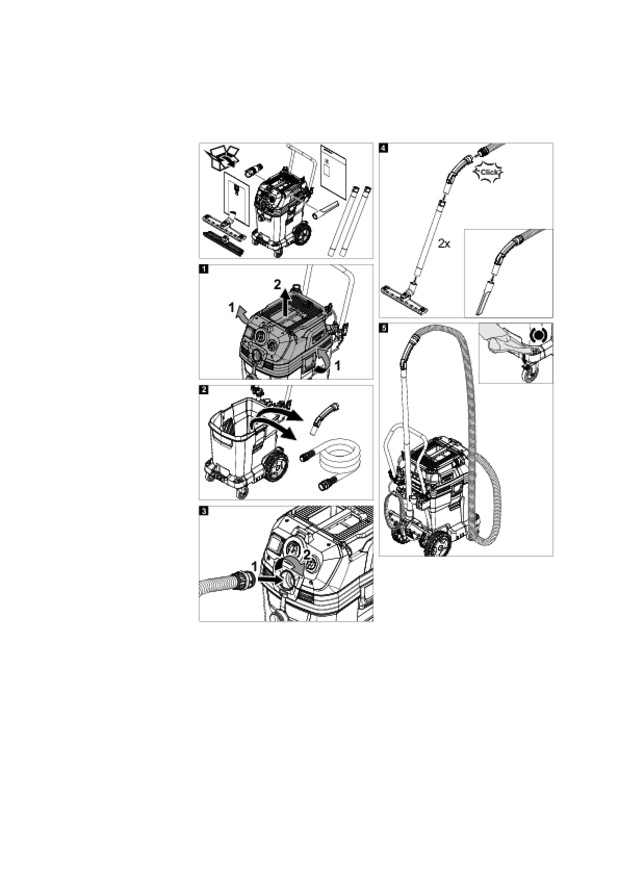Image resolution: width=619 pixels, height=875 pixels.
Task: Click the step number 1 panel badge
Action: pos(204,269)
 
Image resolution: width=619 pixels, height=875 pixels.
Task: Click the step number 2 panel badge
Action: pos(204,390)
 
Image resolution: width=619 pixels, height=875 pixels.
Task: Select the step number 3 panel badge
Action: pos(204,511)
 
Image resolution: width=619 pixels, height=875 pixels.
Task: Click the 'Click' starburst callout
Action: pos(488,172)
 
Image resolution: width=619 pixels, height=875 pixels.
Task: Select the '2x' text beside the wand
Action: pos(444,243)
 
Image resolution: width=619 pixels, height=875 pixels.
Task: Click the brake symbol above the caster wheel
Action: pos(538,335)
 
